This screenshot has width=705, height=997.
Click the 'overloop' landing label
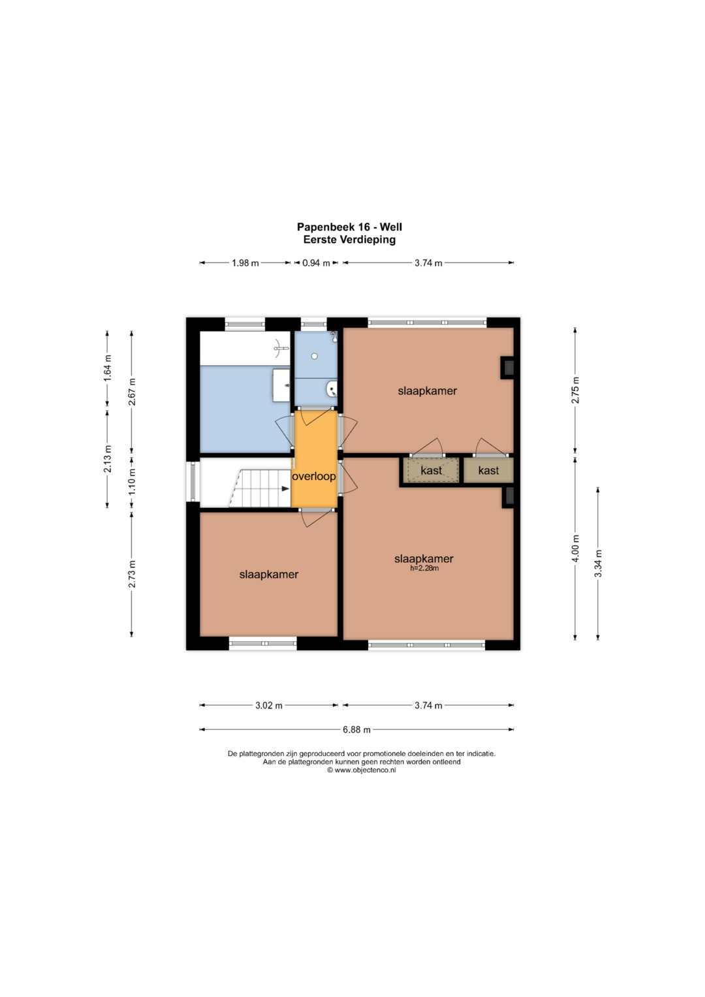[313, 477]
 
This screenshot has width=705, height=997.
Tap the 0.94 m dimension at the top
[316, 263]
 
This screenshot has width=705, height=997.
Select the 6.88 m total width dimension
[356, 729]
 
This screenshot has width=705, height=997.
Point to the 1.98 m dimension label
[245, 263]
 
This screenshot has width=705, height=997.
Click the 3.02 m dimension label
[269, 705]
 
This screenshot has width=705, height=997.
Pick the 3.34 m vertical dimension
[598, 563]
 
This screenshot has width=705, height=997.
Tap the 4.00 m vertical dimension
[576, 549]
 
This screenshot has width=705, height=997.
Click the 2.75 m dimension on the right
[576, 390]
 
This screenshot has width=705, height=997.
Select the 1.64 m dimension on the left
[107, 368]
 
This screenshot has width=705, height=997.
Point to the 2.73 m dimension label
[132, 574]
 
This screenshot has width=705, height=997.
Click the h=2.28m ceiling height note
[424, 568]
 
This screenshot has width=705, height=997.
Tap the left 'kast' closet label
[431, 470]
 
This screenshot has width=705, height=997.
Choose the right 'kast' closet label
[489, 470]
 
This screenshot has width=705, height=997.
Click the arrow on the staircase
[285, 489]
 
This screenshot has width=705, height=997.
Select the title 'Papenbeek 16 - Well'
[349, 227]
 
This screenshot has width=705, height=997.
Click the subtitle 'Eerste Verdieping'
[349, 240]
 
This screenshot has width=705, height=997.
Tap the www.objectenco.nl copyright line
[362, 770]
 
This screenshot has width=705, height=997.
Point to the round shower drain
[314, 356]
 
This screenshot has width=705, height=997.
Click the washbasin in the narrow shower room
[332, 389]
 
